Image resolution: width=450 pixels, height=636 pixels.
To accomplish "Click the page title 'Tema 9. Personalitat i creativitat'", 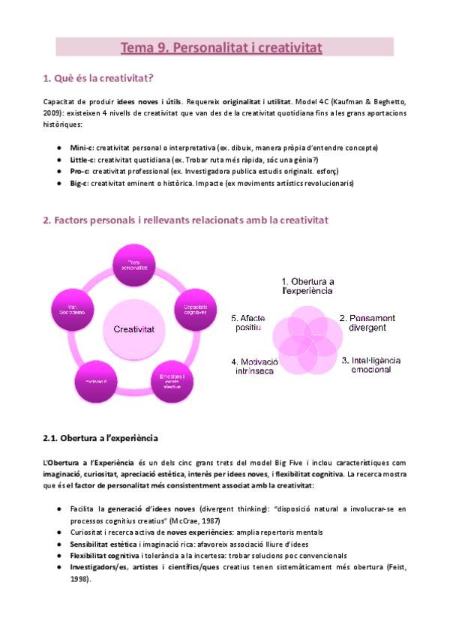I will point(221,48).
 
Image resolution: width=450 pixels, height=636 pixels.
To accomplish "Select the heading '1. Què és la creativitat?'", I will point(99,77).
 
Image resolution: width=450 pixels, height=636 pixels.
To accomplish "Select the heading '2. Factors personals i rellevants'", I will point(195,220).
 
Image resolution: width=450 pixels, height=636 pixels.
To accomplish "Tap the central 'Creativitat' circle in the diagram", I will point(134,328).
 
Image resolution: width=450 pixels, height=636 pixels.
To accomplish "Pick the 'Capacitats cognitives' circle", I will point(194,308).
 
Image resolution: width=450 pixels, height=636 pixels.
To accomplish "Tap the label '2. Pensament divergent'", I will point(364,323).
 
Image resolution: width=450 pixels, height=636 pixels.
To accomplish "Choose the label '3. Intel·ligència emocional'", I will point(370,365).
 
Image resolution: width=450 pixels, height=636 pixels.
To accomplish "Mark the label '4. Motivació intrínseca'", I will point(256,367).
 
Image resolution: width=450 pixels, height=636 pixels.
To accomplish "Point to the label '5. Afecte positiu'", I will point(247,323).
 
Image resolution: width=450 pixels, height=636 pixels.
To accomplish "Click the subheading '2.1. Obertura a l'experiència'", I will point(101,437).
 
